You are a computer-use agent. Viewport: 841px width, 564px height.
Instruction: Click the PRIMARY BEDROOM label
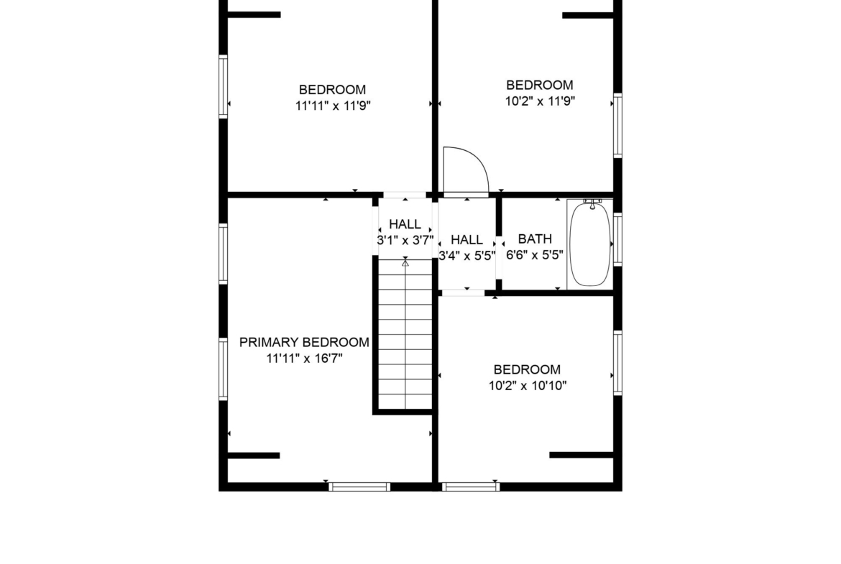click(304, 342)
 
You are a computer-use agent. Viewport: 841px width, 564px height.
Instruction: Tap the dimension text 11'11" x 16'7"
click(304, 358)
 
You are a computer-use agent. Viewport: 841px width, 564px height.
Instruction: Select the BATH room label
click(535, 239)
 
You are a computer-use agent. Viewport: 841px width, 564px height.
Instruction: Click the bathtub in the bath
click(590, 244)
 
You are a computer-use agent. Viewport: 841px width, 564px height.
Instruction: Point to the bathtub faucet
click(592, 203)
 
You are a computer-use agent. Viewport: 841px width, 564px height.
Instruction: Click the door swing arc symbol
click(466, 169)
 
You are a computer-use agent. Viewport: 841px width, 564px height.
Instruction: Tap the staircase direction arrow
click(405, 263)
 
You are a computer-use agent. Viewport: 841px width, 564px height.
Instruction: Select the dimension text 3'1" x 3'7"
click(405, 240)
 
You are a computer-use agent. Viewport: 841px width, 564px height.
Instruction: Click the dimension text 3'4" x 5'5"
click(467, 256)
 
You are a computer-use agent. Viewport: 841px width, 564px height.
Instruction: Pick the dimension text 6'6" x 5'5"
click(535, 254)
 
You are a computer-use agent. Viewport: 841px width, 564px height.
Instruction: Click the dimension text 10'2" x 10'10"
click(527, 386)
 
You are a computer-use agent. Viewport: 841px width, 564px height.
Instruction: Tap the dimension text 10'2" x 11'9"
click(540, 101)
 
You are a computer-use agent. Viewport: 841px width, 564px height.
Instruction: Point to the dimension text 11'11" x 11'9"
click(333, 105)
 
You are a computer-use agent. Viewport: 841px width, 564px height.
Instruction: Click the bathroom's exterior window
click(618, 239)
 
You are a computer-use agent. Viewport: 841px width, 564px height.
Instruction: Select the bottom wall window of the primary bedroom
click(359, 487)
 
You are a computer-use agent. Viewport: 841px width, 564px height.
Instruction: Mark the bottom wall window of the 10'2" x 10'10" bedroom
click(471, 487)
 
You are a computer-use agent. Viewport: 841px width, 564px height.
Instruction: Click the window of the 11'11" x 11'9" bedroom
click(223, 86)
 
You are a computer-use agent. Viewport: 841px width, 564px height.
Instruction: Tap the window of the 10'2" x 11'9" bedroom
click(618, 126)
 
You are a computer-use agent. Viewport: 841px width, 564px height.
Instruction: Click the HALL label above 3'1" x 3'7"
click(405, 224)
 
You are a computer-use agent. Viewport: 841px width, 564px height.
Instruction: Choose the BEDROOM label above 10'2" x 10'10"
click(527, 369)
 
